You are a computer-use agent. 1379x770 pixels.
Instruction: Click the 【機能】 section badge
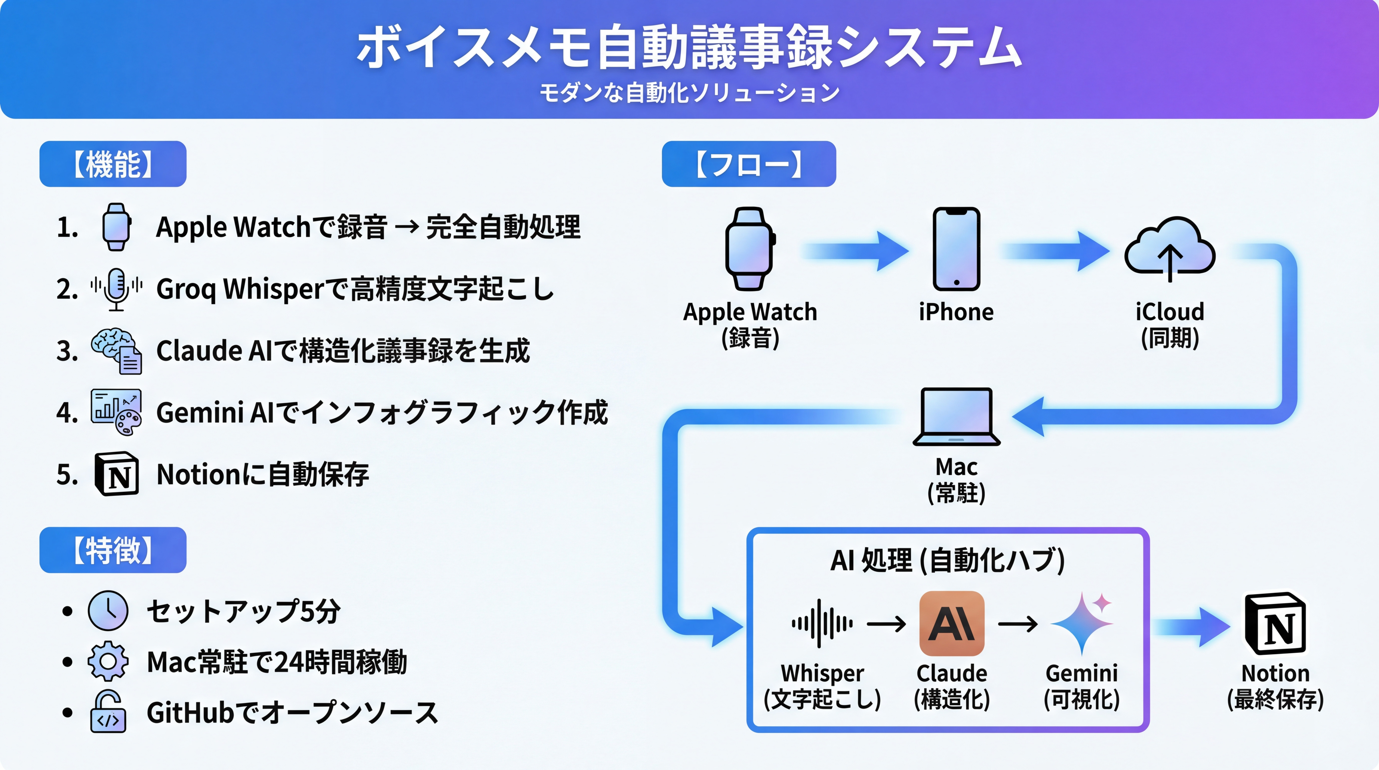tap(113, 164)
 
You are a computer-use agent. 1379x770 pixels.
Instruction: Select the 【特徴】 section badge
tap(113, 550)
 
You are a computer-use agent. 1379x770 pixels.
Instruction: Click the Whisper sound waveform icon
tap(822, 624)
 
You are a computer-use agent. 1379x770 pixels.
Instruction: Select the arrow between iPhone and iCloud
tap(1056, 251)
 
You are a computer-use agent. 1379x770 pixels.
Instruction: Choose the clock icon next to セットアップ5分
tap(108, 610)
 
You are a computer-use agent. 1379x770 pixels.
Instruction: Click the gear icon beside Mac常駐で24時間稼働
tap(108, 661)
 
